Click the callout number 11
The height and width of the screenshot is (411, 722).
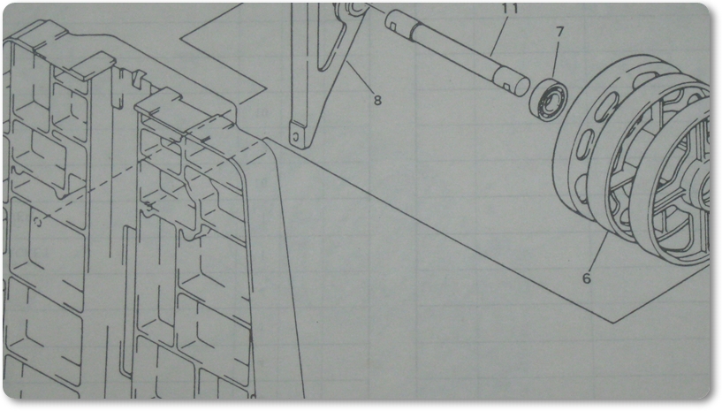[x=510, y=8]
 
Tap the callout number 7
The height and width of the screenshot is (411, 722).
[x=559, y=32]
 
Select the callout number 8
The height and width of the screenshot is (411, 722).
[x=377, y=100]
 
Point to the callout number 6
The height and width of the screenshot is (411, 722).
[x=586, y=278]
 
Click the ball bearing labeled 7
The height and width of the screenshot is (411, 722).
[x=548, y=99]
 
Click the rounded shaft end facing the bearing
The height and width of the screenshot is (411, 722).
[x=521, y=86]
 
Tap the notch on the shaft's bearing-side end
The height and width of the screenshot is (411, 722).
[x=505, y=86]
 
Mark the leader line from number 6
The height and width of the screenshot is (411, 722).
[x=598, y=252]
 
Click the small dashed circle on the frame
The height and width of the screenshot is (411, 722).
[x=38, y=223]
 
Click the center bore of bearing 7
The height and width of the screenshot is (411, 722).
[x=549, y=99]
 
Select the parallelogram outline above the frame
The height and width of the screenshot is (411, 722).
[x=224, y=50]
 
